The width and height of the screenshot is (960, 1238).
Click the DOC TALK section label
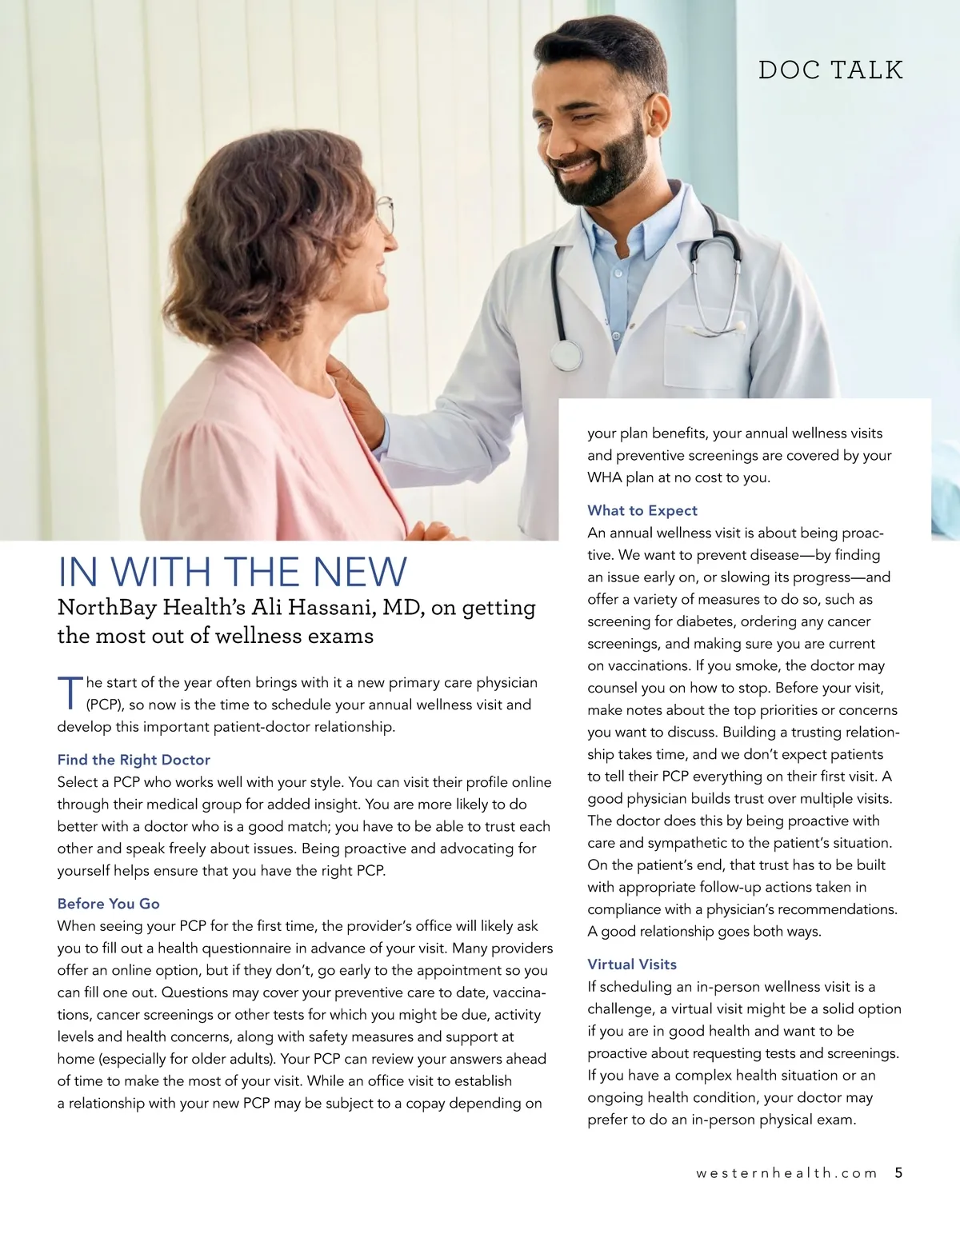click(830, 70)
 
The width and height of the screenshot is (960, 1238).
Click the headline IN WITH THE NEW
click(232, 572)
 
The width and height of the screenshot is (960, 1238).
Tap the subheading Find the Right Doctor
click(134, 760)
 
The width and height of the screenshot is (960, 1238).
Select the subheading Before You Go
click(108, 904)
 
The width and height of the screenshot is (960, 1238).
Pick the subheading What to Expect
click(642, 511)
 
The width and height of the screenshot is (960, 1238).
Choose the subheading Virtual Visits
click(632, 964)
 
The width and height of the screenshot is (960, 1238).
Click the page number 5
click(898, 1173)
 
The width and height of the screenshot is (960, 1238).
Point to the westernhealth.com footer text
click(786, 1173)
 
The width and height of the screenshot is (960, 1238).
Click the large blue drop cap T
click(70, 693)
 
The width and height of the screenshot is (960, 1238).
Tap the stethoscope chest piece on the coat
click(566, 354)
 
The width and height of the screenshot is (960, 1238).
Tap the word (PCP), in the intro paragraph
click(103, 705)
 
